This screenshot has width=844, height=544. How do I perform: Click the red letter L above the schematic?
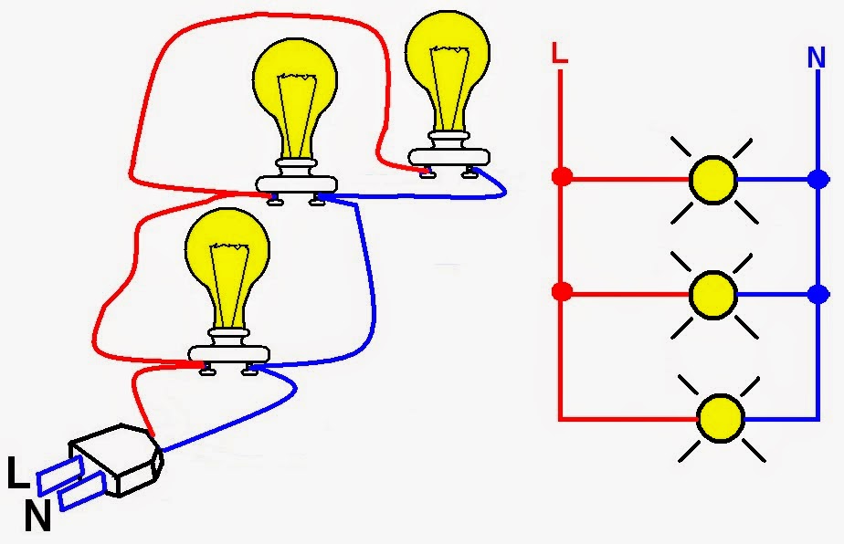click(560, 54)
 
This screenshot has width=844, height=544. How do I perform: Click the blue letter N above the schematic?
click(816, 58)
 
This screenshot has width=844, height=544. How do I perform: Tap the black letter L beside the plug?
click(18, 475)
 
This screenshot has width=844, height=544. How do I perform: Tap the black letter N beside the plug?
click(37, 518)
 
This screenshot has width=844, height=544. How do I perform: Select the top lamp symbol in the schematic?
click(712, 180)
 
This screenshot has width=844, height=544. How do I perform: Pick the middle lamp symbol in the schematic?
click(712, 294)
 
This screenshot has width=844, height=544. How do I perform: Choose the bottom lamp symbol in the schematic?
click(721, 419)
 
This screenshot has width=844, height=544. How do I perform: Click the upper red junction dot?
click(563, 176)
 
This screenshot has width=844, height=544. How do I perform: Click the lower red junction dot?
click(563, 293)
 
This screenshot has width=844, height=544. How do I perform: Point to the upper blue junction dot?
click(817, 180)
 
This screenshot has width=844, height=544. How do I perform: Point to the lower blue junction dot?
click(817, 294)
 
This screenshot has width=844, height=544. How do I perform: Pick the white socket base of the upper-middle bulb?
click(294, 183)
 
